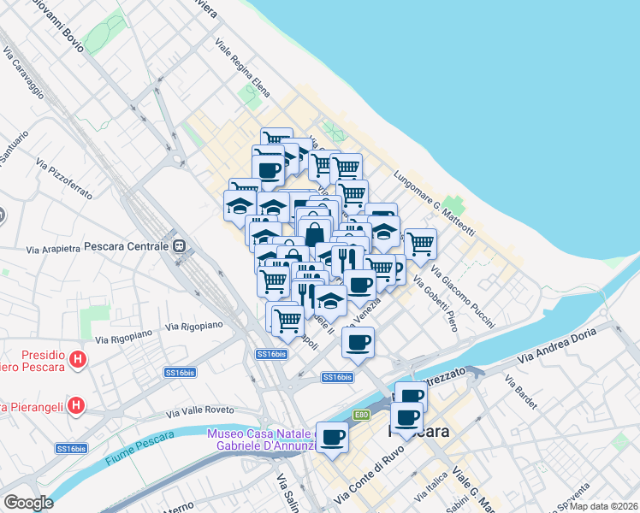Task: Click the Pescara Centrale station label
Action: [x=127, y=246]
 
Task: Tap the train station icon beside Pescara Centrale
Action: [x=180, y=246]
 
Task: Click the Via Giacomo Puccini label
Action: [x=463, y=297]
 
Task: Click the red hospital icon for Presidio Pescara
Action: [x=78, y=360]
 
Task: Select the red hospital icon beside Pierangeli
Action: [x=76, y=404]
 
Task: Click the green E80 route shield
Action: [x=361, y=416]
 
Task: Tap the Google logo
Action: [x=28, y=503]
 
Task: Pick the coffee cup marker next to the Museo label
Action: [x=332, y=437]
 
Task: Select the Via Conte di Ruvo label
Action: [x=370, y=481]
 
